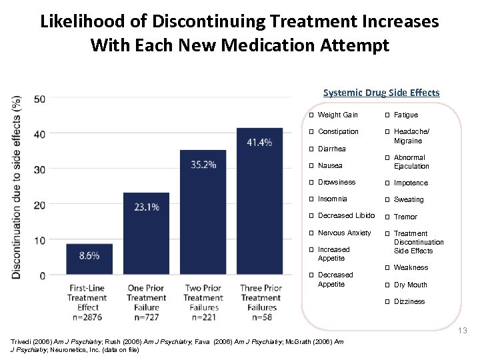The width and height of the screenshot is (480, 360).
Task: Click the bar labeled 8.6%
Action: click(89, 259)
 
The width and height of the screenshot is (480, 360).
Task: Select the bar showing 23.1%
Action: click(146, 233)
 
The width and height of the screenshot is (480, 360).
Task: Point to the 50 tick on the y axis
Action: click(39, 99)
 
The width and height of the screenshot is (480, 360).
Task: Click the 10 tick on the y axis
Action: click(39, 240)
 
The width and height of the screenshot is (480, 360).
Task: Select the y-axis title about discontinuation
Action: click(17, 186)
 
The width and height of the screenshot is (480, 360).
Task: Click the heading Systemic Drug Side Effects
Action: click(381, 93)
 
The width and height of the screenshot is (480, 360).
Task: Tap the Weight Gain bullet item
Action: click(337, 115)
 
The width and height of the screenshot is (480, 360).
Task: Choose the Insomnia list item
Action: click(332, 199)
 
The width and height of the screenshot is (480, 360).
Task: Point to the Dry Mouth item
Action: click(410, 285)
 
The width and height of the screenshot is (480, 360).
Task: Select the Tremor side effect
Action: click(405, 217)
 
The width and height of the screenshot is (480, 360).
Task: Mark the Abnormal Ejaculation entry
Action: click(411, 162)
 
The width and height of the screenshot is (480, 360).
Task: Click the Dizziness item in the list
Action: click(409, 301)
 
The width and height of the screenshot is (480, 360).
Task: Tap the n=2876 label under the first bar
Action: click(87, 317)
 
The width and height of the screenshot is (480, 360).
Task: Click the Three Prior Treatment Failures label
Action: click(261, 298)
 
